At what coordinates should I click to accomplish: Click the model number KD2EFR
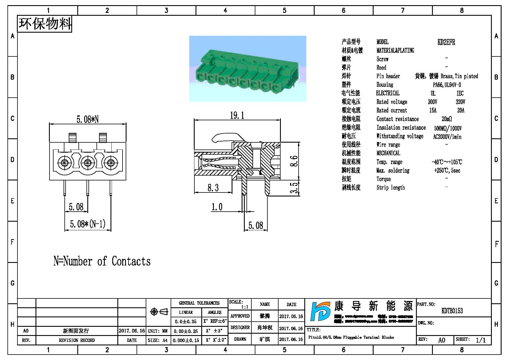coord(446,42)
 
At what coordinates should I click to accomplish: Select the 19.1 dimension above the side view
coord(237,115)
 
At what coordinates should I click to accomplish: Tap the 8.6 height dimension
coord(294,161)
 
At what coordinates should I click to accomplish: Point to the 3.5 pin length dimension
coord(294,188)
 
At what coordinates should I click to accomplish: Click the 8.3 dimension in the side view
coord(213,188)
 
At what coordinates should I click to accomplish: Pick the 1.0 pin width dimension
coord(217,207)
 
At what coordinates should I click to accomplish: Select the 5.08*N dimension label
coord(88,119)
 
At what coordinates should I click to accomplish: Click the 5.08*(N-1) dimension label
coord(88,224)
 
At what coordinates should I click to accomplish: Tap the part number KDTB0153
coord(452,311)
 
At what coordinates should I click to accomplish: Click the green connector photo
coord(248,69)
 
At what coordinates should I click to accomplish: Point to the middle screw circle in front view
coord(87,163)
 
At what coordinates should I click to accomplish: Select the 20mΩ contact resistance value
coord(447,119)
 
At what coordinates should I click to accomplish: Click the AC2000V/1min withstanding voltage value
coord(447,137)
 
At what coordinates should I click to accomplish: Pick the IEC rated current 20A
coord(461,110)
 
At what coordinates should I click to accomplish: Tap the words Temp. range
coord(389,162)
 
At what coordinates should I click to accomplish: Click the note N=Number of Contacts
coord(102,261)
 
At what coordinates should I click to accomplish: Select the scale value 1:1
coord(245,307)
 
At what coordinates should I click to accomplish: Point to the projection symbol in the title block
coord(159,312)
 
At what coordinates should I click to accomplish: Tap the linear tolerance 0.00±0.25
coord(186,331)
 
